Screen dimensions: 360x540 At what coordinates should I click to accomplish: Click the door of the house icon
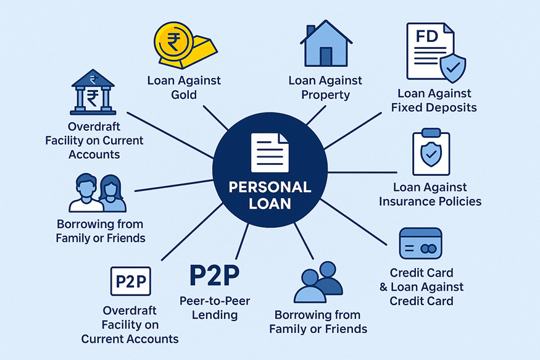[326, 56]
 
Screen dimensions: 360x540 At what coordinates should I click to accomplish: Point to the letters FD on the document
[428, 36]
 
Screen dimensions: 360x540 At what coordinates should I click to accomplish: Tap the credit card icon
[421, 243]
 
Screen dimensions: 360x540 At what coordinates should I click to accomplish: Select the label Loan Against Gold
[184, 88]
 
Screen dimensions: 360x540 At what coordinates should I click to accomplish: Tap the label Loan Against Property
[326, 88]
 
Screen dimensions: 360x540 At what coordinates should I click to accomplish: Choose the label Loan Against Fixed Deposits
[434, 101]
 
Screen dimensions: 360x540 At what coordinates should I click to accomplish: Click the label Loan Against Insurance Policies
[430, 194]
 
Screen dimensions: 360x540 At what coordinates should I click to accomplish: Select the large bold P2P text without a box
[214, 276]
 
